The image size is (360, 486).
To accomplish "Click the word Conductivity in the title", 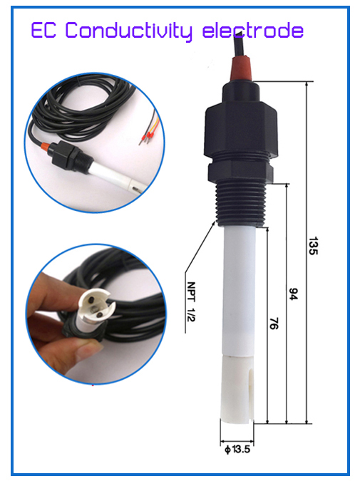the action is [x=129, y=31].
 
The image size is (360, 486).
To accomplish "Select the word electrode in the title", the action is [x=253, y=30].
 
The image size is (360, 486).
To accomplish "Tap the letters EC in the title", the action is [x=43, y=30].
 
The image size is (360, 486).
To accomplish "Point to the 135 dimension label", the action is [x=313, y=246].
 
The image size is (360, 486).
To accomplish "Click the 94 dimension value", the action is [x=293, y=294].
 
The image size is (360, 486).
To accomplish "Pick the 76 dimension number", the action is [x=274, y=324].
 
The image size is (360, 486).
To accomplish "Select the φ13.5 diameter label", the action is [x=237, y=449].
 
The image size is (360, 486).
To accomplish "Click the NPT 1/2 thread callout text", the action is [x=191, y=301].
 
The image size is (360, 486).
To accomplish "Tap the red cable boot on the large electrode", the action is [x=241, y=68].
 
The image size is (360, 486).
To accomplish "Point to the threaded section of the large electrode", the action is [x=241, y=203].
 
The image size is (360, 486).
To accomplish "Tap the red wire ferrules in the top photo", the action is [x=148, y=136].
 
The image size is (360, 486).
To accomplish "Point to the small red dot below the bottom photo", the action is [x=93, y=386].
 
